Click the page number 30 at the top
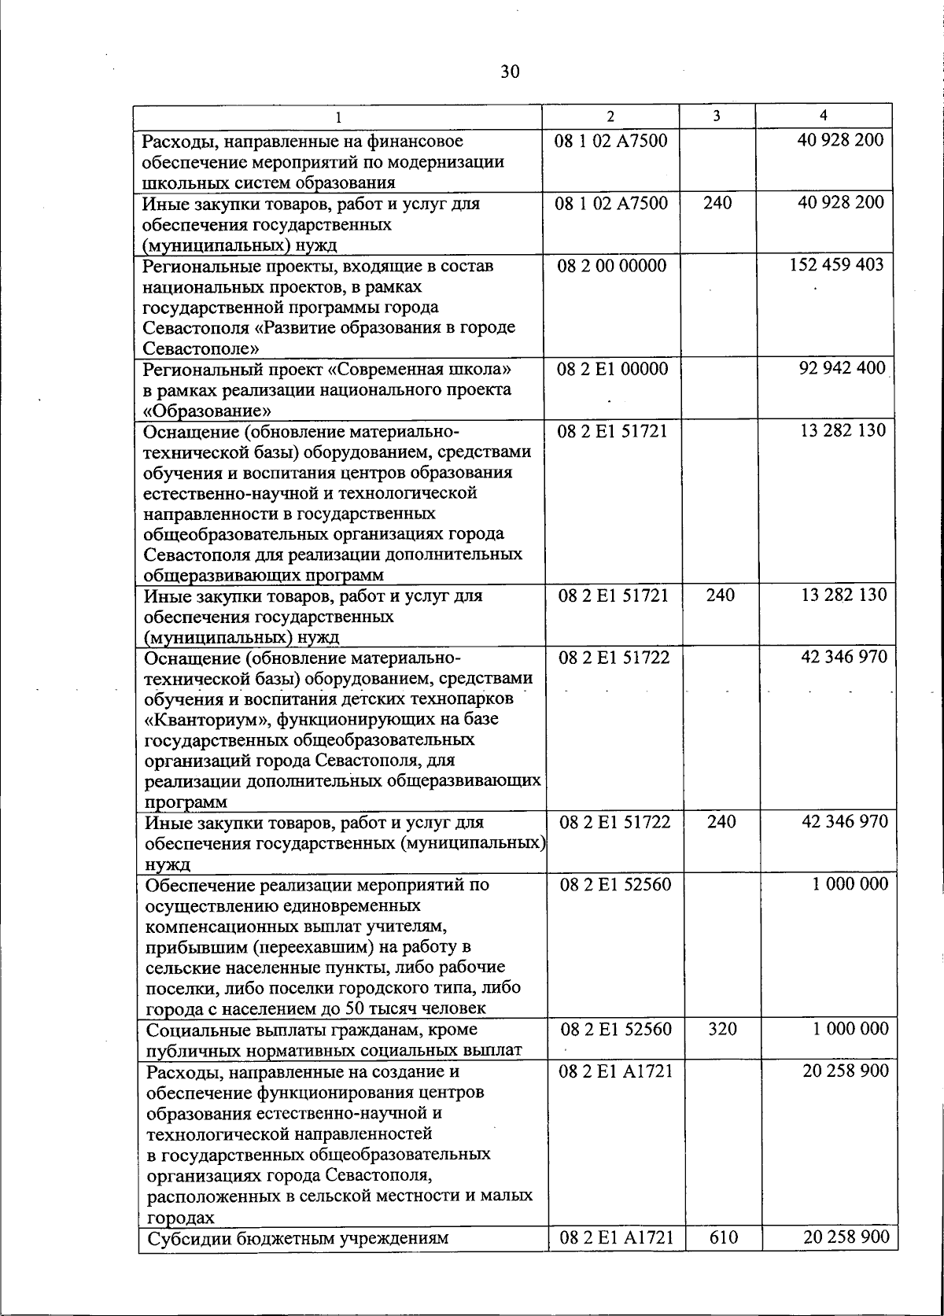[x=510, y=72]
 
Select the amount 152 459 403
[x=836, y=265]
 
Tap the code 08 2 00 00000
[x=611, y=266]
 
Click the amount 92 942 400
[x=842, y=368]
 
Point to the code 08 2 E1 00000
[x=613, y=369]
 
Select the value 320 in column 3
[x=721, y=1029]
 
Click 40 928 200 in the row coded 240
[x=840, y=203]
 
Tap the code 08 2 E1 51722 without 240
[x=614, y=658]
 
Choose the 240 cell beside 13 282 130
[x=720, y=595]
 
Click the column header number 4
[x=823, y=116]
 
